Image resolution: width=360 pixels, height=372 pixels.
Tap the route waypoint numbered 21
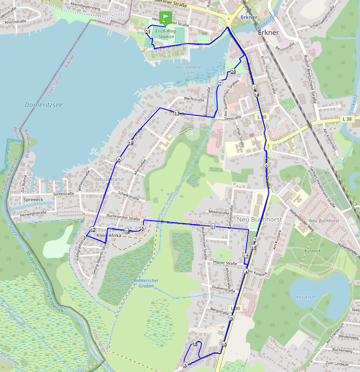point(148,32)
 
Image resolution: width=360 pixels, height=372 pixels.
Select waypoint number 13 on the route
point(176,113)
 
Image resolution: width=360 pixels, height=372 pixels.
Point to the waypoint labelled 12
point(93,229)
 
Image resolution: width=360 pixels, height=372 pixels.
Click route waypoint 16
point(195,344)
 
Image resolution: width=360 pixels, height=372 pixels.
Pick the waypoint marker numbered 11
point(213,226)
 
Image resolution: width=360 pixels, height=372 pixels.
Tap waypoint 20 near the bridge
point(232,71)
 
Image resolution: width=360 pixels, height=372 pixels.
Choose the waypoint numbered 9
point(231,319)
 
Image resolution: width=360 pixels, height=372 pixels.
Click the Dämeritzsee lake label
point(43,105)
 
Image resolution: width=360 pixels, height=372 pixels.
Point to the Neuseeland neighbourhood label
point(109,179)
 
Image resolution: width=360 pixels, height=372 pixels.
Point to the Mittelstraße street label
point(218,211)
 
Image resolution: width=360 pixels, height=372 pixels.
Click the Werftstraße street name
point(187,99)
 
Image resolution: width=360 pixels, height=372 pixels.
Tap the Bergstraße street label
point(219,311)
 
